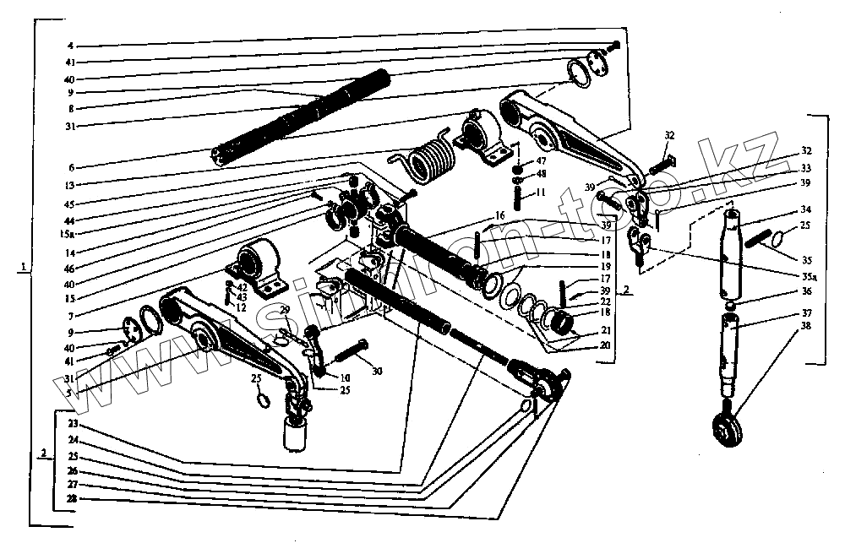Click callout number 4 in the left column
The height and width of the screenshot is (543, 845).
(x=72, y=45)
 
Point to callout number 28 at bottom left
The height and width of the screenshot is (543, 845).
(x=73, y=500)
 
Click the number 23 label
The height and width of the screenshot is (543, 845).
(x=73, y=423)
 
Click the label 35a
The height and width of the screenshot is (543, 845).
(x=808, y=276)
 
